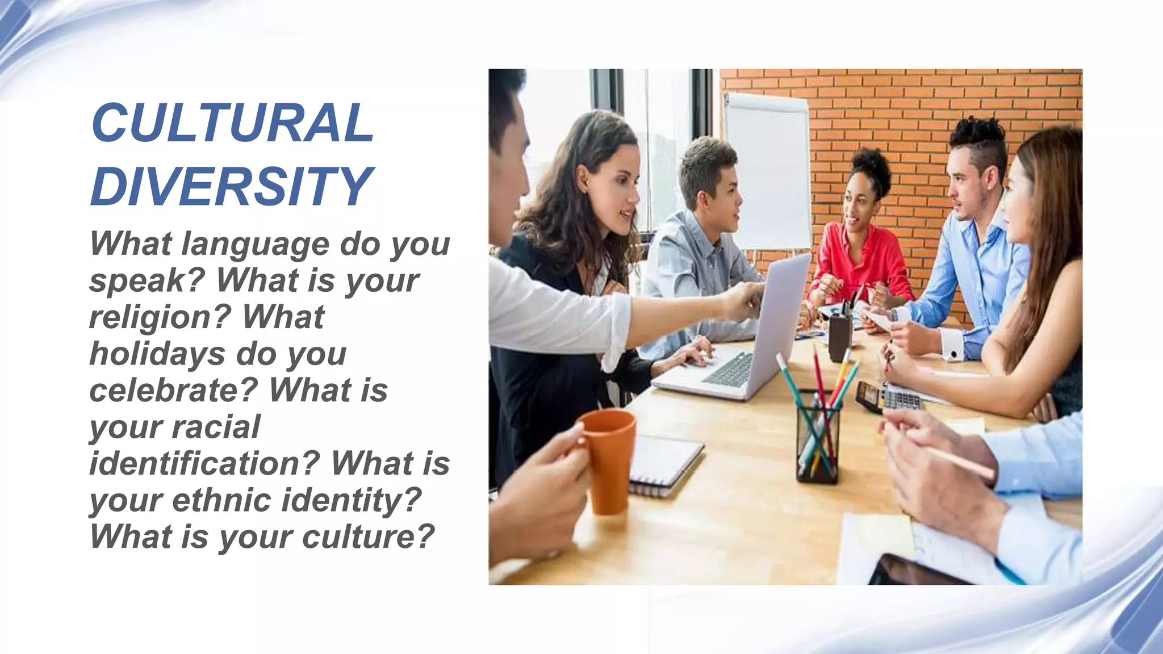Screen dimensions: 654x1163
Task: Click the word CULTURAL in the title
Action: (232, 123)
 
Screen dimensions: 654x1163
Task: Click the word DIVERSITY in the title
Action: (232, 186)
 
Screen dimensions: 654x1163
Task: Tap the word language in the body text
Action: (256, 244)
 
